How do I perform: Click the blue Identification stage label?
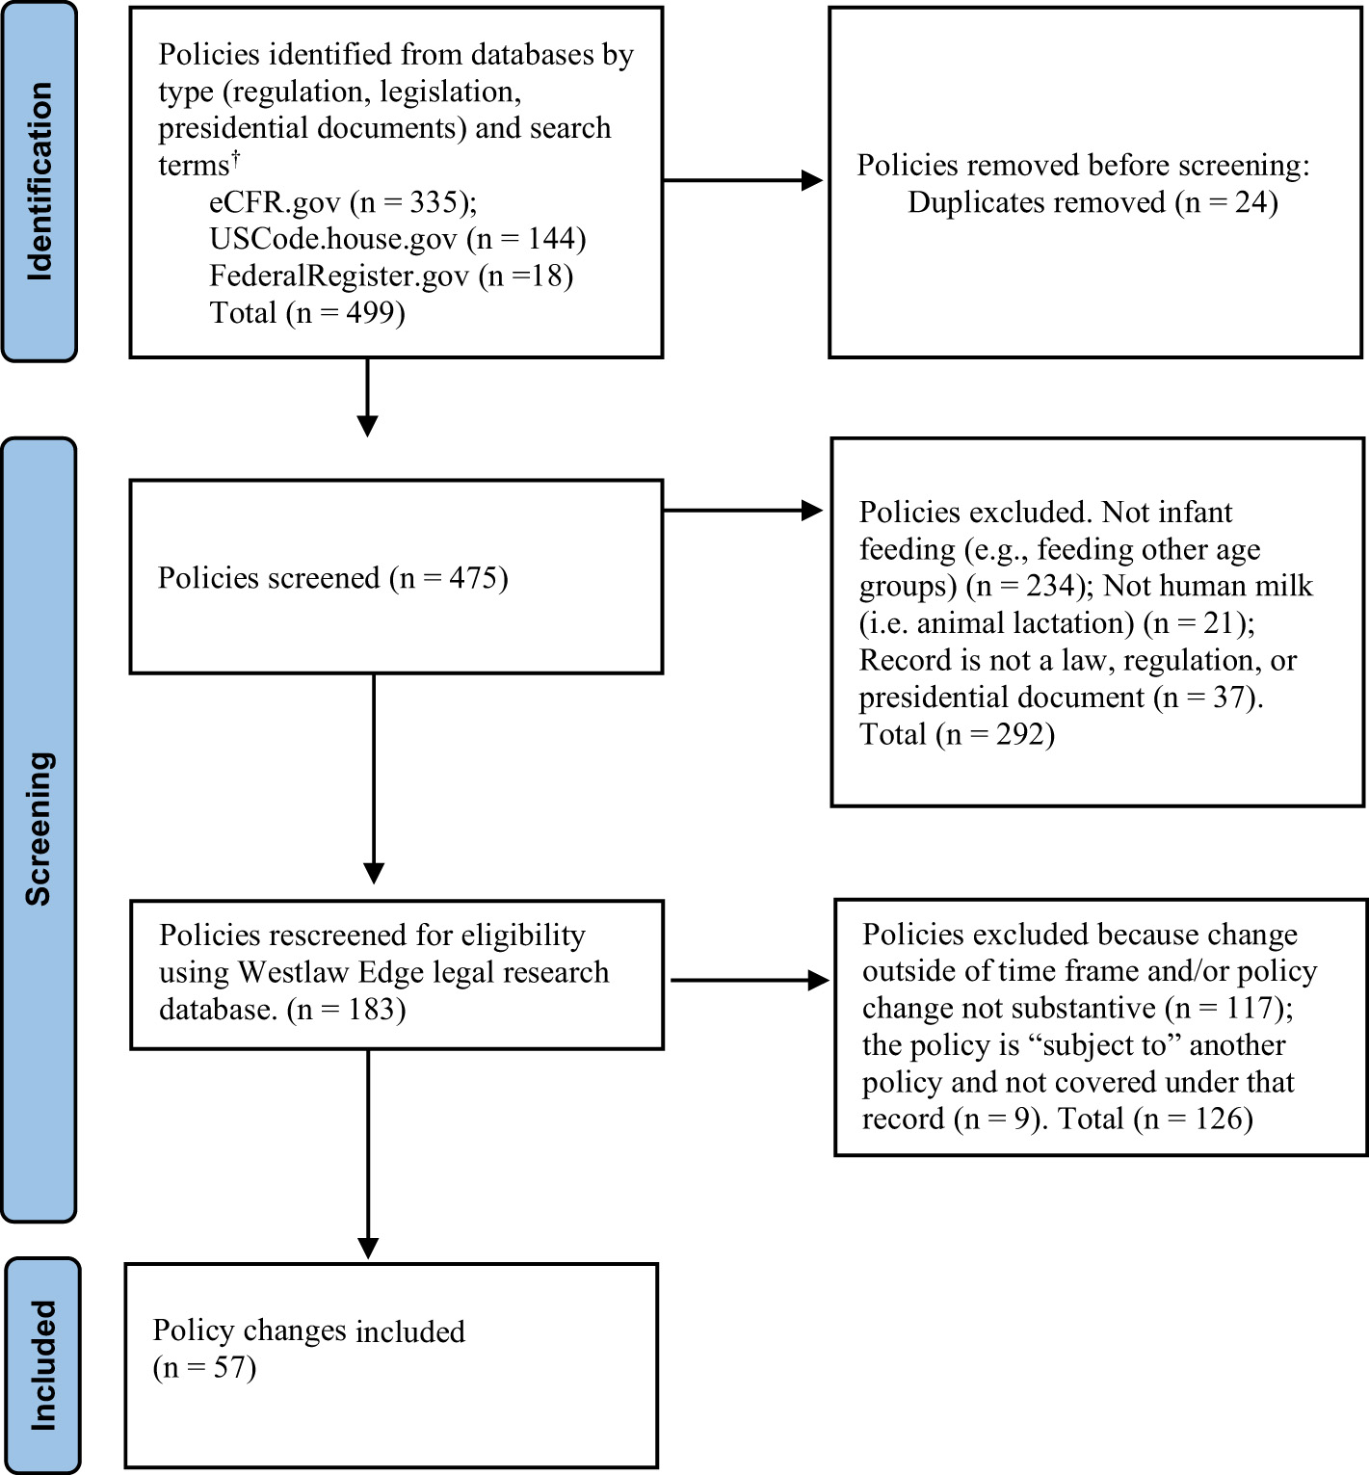(39, 181)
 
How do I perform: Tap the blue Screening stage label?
(39, 829)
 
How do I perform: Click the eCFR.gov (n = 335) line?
(343, 202)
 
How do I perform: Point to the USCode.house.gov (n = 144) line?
(397, 239)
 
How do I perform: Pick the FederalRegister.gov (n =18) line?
(391, 277)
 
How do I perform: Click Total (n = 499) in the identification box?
(307, 313)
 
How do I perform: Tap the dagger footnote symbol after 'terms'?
(235, 155)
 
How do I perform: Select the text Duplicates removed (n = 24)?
(1093, 202)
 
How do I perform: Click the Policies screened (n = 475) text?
(332, 578)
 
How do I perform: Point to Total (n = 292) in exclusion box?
(957, 735)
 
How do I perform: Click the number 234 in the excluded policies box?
(1050, 586)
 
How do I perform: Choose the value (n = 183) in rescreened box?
(347, 1010)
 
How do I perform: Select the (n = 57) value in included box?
(204, 1368)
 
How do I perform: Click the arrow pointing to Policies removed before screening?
(742, 180)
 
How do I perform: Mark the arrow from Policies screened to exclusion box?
(742, 512)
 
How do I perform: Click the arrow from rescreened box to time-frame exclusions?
(749, 981)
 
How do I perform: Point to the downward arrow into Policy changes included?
(368, 1156)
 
